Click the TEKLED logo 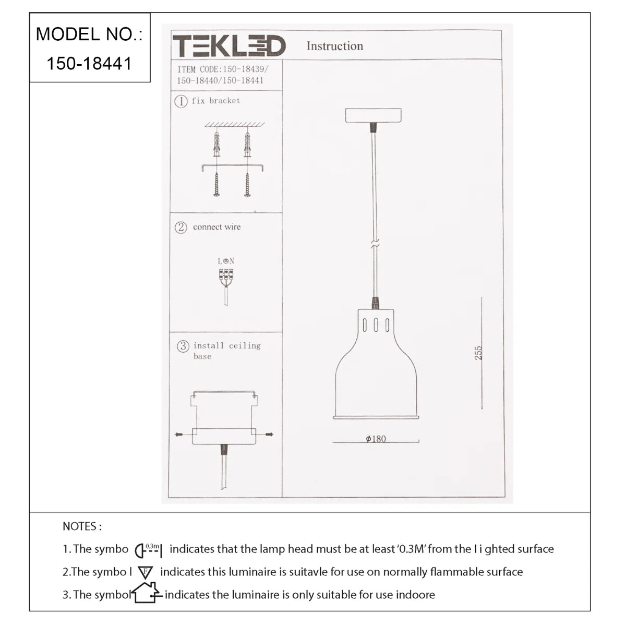point(229,46)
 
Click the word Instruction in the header point(334,46)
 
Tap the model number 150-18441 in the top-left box point(89,64)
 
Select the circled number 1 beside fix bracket point(180,101)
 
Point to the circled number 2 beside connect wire point(180,227)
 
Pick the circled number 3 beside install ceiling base point(183,346)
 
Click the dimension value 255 point(478,353)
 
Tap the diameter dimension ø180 point(376,439)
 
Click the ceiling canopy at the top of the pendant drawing point(373,115)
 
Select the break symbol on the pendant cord point(374,243)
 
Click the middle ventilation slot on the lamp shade point(376,324)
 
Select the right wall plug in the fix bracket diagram point(247,145)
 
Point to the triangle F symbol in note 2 point(145,572)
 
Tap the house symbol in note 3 point(146,593)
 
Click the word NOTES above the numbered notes point(82,526)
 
